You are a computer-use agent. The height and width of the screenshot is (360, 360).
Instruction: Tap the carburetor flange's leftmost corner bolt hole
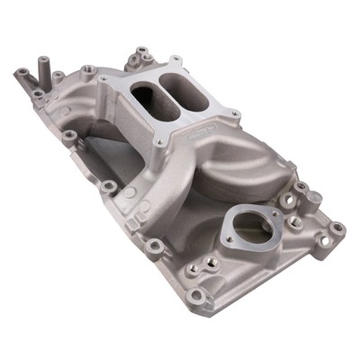click(105, 83)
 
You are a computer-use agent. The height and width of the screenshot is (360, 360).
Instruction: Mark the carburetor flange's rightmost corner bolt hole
click(234, 114)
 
